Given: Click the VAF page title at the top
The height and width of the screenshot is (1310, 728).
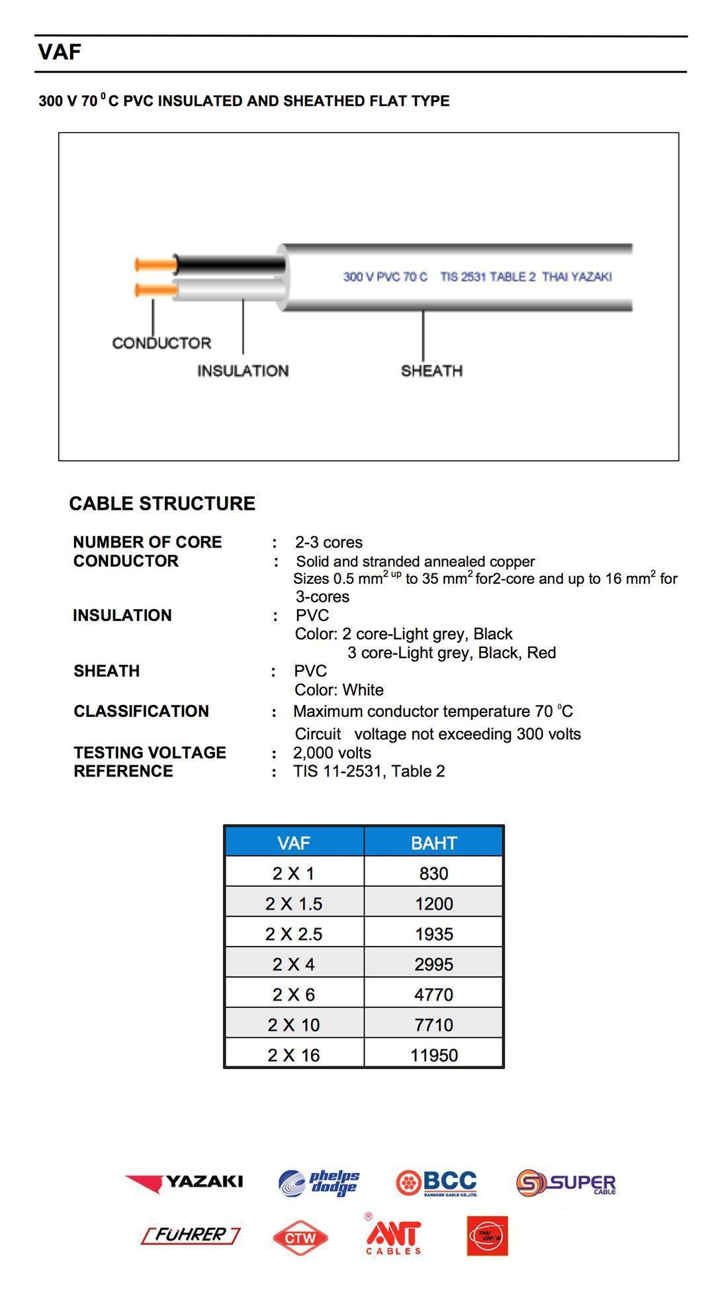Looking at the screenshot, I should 60,52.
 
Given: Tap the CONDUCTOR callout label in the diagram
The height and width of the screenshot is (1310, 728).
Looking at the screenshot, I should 161,343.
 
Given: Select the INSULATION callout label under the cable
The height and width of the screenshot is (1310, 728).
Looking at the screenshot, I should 243,371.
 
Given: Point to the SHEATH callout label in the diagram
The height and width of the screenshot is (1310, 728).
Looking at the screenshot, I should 432,371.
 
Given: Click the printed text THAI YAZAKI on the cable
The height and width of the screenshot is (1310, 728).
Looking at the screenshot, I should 576,277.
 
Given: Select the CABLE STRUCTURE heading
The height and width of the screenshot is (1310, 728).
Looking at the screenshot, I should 162,504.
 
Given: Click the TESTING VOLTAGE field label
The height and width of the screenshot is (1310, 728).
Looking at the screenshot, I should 150,753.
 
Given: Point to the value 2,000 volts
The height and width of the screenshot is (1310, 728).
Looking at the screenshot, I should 332,753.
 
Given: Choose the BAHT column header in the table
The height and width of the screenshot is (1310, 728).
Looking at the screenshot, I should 433,843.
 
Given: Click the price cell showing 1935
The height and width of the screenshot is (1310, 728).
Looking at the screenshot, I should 433,934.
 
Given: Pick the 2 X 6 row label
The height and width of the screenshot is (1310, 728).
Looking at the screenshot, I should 294,994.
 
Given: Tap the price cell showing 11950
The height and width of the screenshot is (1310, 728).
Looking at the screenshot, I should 433,1055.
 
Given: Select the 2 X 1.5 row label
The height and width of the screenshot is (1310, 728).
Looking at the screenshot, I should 294,904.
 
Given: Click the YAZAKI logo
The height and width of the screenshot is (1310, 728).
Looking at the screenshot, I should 184,1182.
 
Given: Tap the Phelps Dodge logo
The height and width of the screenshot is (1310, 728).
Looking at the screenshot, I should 319,1183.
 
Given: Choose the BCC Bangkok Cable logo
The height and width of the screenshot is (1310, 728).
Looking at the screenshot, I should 436,1183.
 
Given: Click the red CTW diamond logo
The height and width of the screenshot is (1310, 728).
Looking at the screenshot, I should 300,1237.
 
